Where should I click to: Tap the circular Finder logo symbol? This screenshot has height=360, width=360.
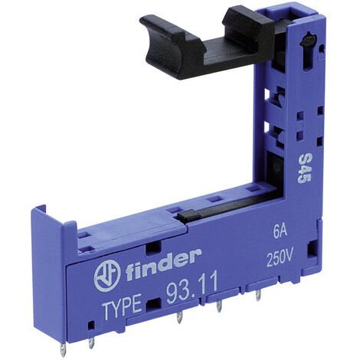(x=107, y=277)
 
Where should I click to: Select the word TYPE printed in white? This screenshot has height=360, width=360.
(x=122, y=306)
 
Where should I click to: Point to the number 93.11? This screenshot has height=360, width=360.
(x=192, y=288)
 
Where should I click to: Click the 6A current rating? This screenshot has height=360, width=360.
(x=280, y=233)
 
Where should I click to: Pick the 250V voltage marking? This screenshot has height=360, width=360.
(x=280, y=259)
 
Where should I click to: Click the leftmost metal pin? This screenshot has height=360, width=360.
(x=63, y=349)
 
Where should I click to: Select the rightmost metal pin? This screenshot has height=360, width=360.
(x=258, y=295)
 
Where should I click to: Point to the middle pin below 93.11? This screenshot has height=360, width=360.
(x=219, y=306)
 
